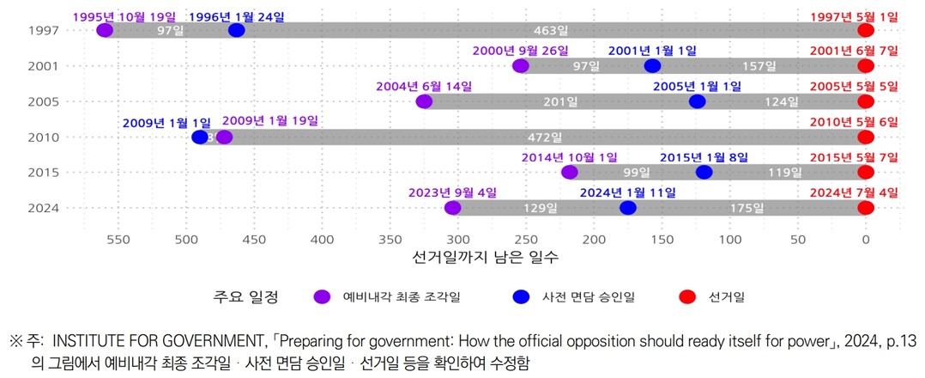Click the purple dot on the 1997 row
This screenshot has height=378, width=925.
click(x=105, y=30)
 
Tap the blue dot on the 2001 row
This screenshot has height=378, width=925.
click(x=652, y=66)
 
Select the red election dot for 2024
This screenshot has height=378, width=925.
click(x=866, y=208)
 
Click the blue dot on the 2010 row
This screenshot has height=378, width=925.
click(x=200, y=137)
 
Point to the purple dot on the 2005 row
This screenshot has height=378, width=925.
click(x=424, y=101)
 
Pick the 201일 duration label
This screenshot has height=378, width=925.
click(x=559, y=102)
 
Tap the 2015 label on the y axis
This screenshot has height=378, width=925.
click(x=42, y=173)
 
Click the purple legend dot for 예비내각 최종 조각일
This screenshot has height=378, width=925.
click(x=322, y=297)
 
